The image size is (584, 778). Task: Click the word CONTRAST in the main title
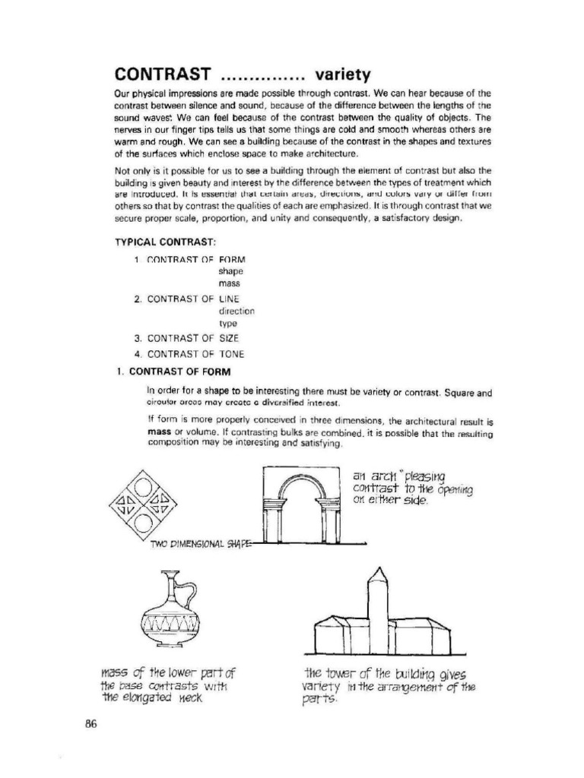point(161,74)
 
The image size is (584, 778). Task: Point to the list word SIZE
point(229,337)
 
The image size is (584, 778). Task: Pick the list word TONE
point(232,354)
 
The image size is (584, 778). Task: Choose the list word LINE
point(229,299)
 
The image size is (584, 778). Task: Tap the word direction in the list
point(236,312)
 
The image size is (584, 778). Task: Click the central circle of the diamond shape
point(144,502)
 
